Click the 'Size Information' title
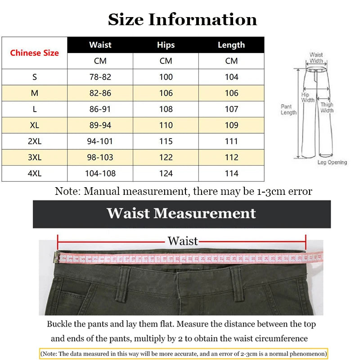coord(182,19)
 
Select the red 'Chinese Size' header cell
coord(35,53)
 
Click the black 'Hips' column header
coord(166,45)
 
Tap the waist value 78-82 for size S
coord(100,77)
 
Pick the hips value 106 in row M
coord(166,93)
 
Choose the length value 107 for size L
coord(231,109)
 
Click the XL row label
coord(35,125)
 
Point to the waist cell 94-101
coord(100,141)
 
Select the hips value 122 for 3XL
coord(166,157)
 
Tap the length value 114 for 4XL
coord(231,173)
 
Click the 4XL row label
coord(35,173)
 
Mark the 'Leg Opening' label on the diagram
coord(332,162)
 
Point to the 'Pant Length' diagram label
coord(288,109)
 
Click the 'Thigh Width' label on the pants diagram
coord(327,108)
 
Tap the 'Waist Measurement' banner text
coord(181,213)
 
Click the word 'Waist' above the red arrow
coord(183,241)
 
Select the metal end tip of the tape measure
coord(57,257)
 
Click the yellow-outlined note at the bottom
coord(184,354)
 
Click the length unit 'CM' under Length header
coord(231,61)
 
